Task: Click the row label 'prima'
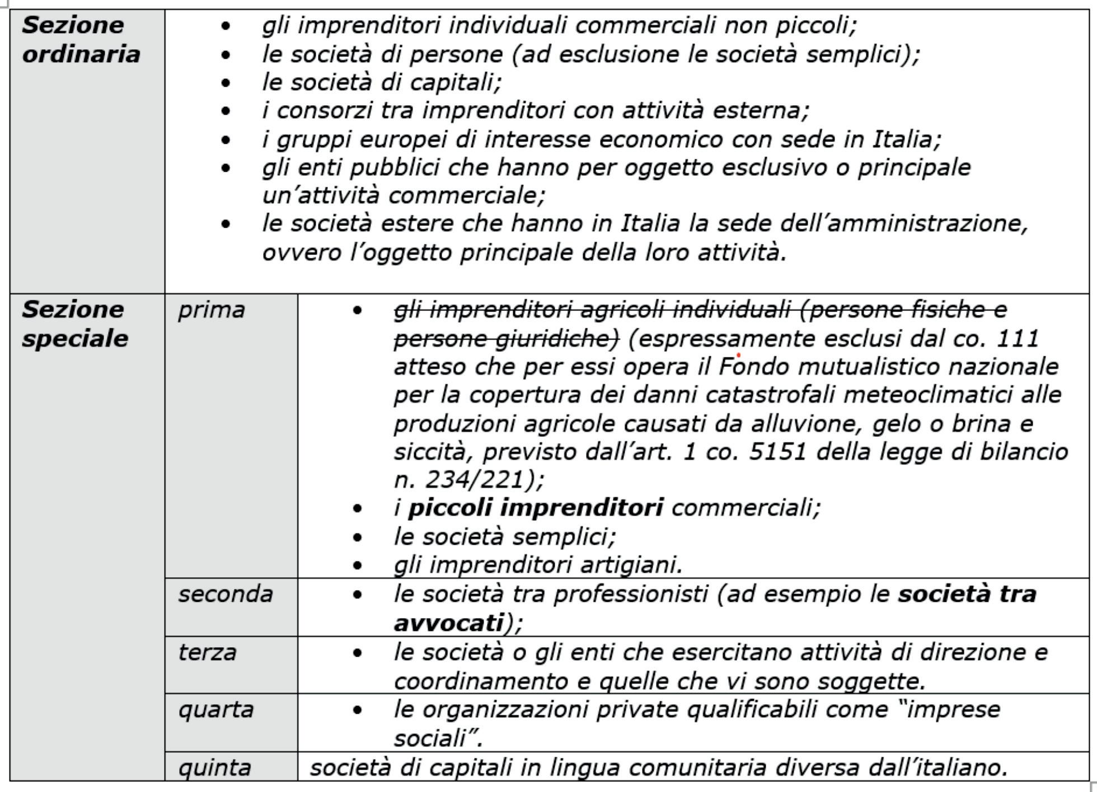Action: [x=211, y=310]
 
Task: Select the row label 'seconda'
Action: [x=225, y=594]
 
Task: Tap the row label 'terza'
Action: [x=207, y=652]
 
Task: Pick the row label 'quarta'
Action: [x=215, y=710]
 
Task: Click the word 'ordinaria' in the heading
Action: [x=81, y=54]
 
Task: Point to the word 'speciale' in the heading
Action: [x=75, y=338]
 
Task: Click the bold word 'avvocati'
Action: [x=448, y=623]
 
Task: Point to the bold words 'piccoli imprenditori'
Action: [x=535, y=508]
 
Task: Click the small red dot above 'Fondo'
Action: [x=739, y=355]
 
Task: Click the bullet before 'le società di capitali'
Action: [x=226, y=83]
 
